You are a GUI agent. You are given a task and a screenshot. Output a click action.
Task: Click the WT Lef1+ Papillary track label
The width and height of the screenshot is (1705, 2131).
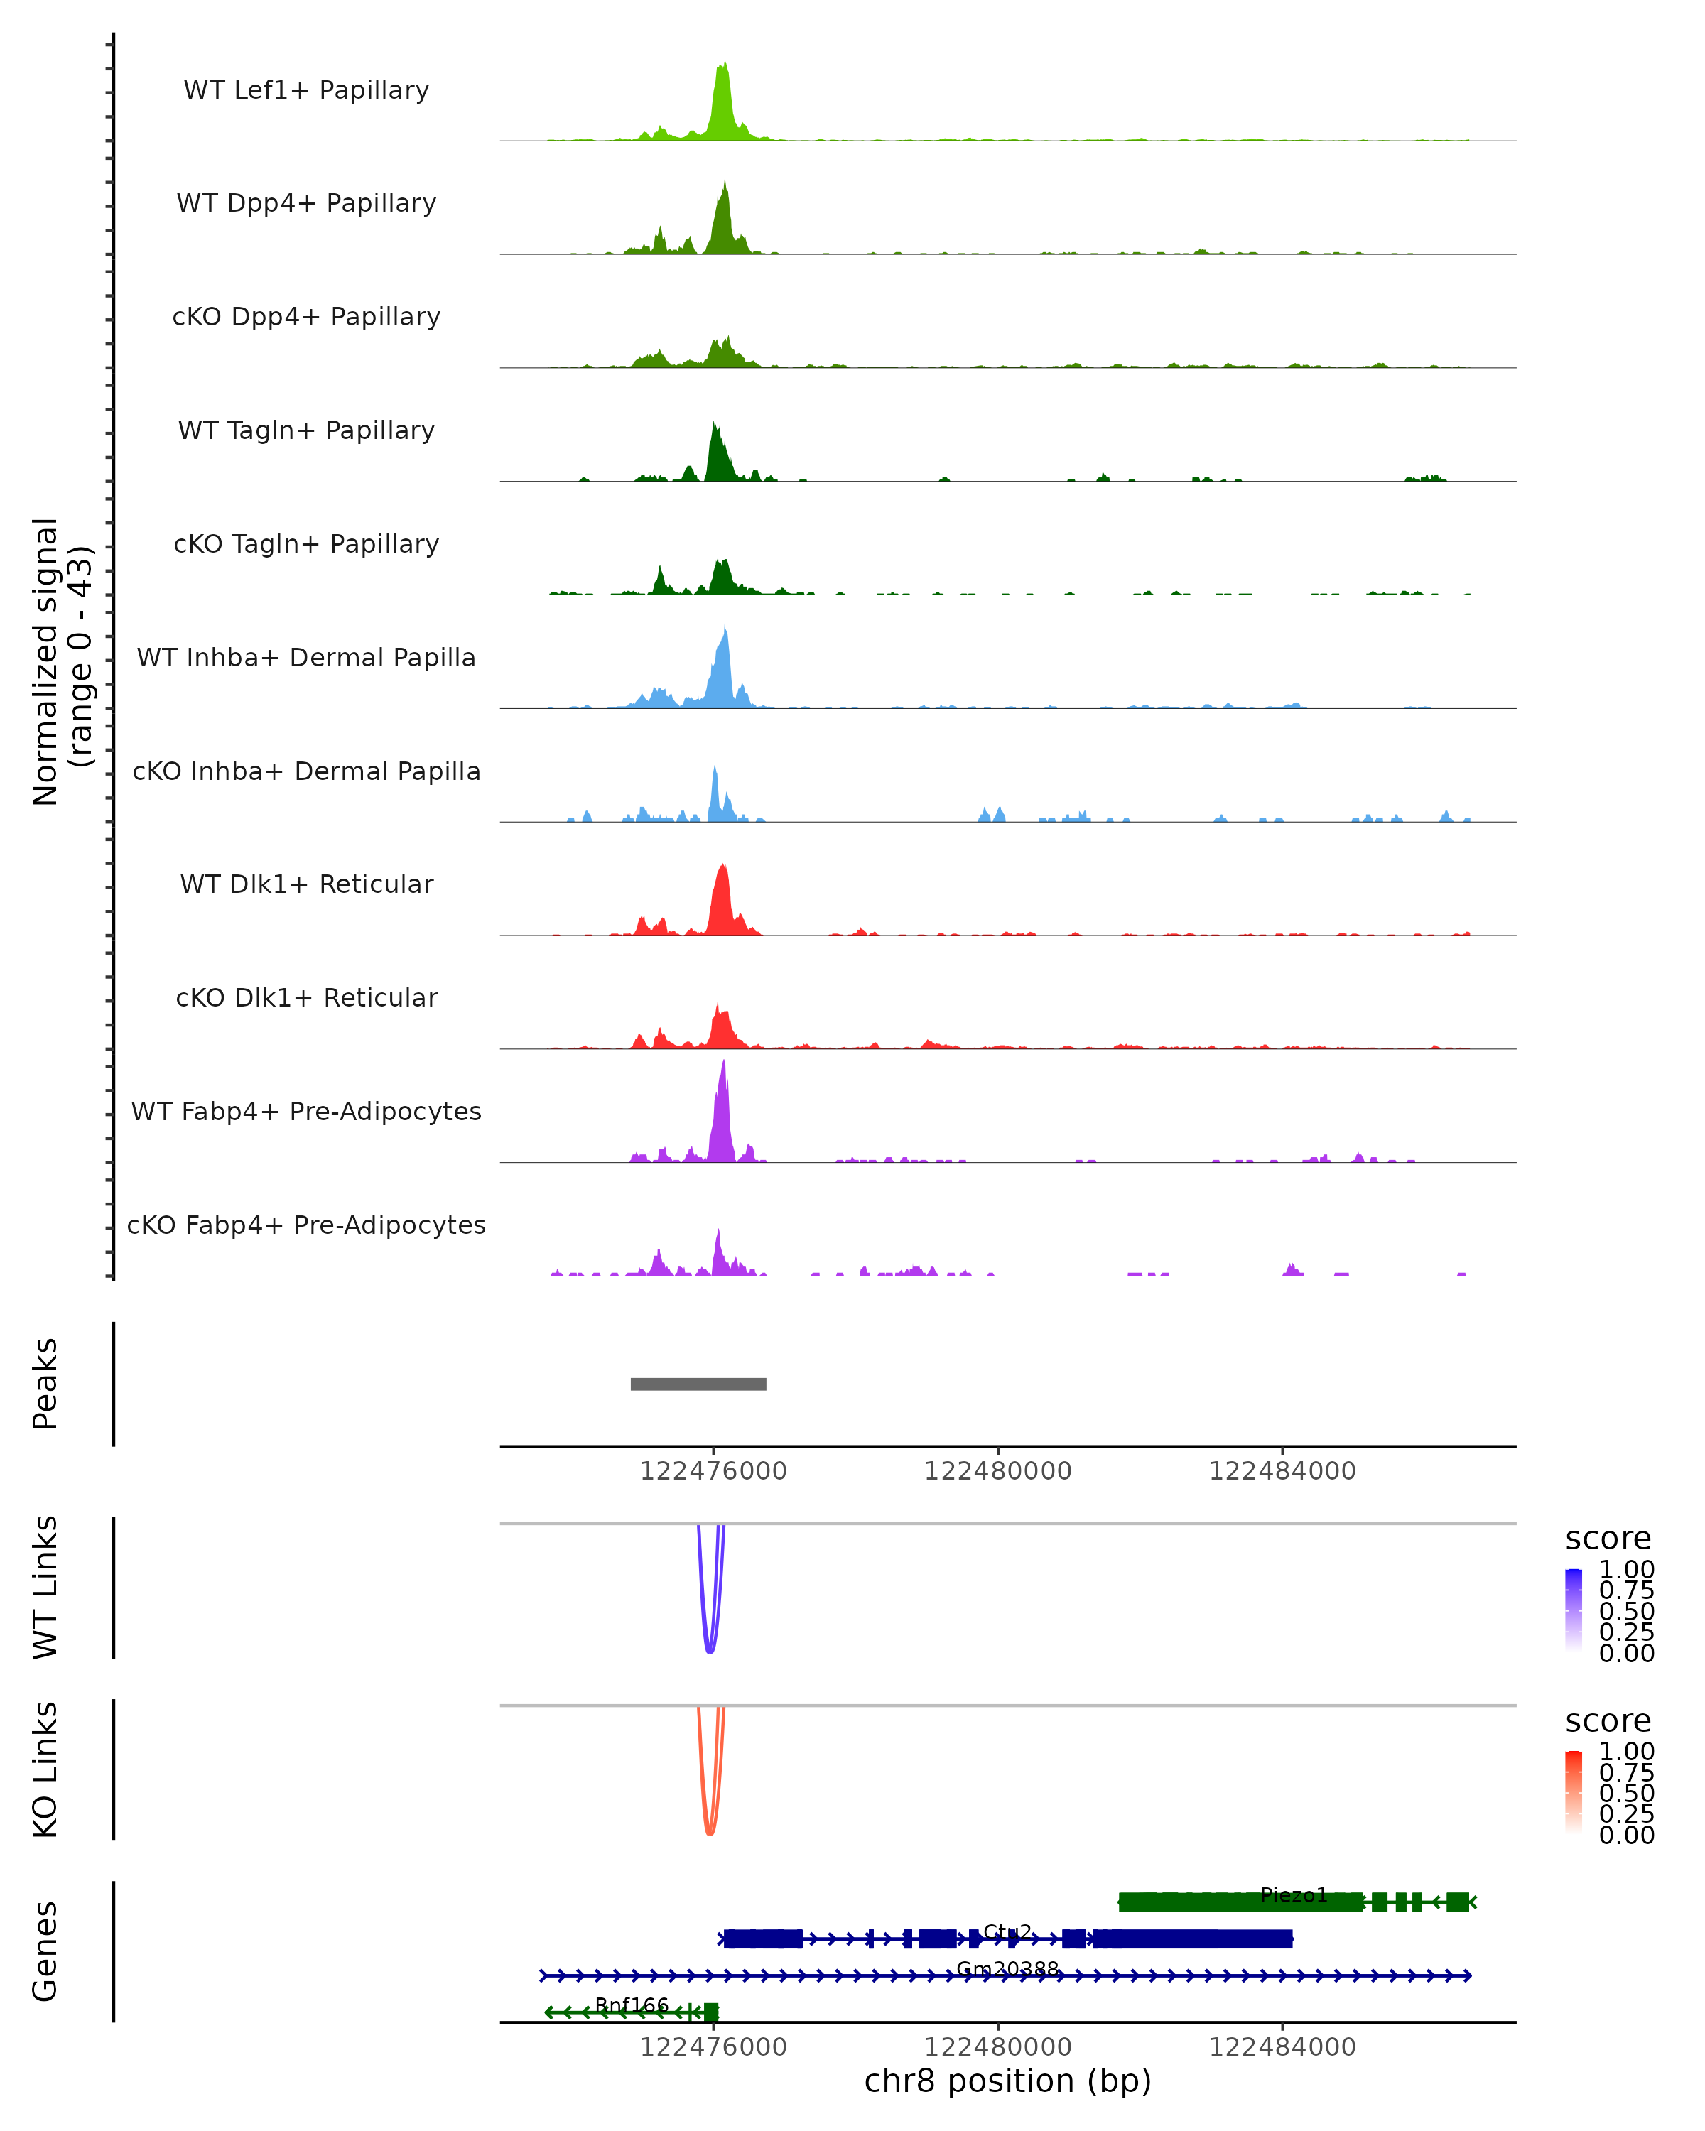pyautogui.click(x=306, y=90)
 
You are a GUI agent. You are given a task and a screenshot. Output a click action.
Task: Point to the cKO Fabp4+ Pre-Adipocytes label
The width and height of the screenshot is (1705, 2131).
pyautogui.click(x=306, y=1225)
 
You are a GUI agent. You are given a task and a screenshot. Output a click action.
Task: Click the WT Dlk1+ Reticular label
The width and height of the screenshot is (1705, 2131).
pyautogui.click(x=306, y=884)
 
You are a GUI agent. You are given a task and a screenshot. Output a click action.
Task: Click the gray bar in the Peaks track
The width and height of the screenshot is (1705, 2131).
pyautogui.click(x=698, y=1384)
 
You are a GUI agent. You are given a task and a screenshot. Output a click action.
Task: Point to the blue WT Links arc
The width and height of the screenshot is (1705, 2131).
pyautogui.click(x=709, y=1649)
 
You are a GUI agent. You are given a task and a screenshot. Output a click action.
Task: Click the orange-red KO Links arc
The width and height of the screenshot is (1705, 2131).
pyautogui.click(x=709, y=1831)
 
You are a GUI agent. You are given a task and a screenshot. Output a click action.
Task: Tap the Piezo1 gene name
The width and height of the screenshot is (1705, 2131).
pyautogui.click(x=1293, y=1896)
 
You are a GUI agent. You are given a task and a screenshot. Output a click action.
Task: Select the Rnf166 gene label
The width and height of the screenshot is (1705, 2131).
pyautogui.click(x=632, y=2005)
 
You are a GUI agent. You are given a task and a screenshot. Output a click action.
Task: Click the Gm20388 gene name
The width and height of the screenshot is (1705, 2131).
pyautogui.click(x=1007, y=1969)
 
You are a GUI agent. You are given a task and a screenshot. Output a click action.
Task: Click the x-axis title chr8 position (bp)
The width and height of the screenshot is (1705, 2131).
pyautogui.click(x=1007, y=2081)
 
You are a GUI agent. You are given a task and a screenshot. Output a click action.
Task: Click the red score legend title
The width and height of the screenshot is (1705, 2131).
pyautogui.click(x=1607, y=1721)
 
